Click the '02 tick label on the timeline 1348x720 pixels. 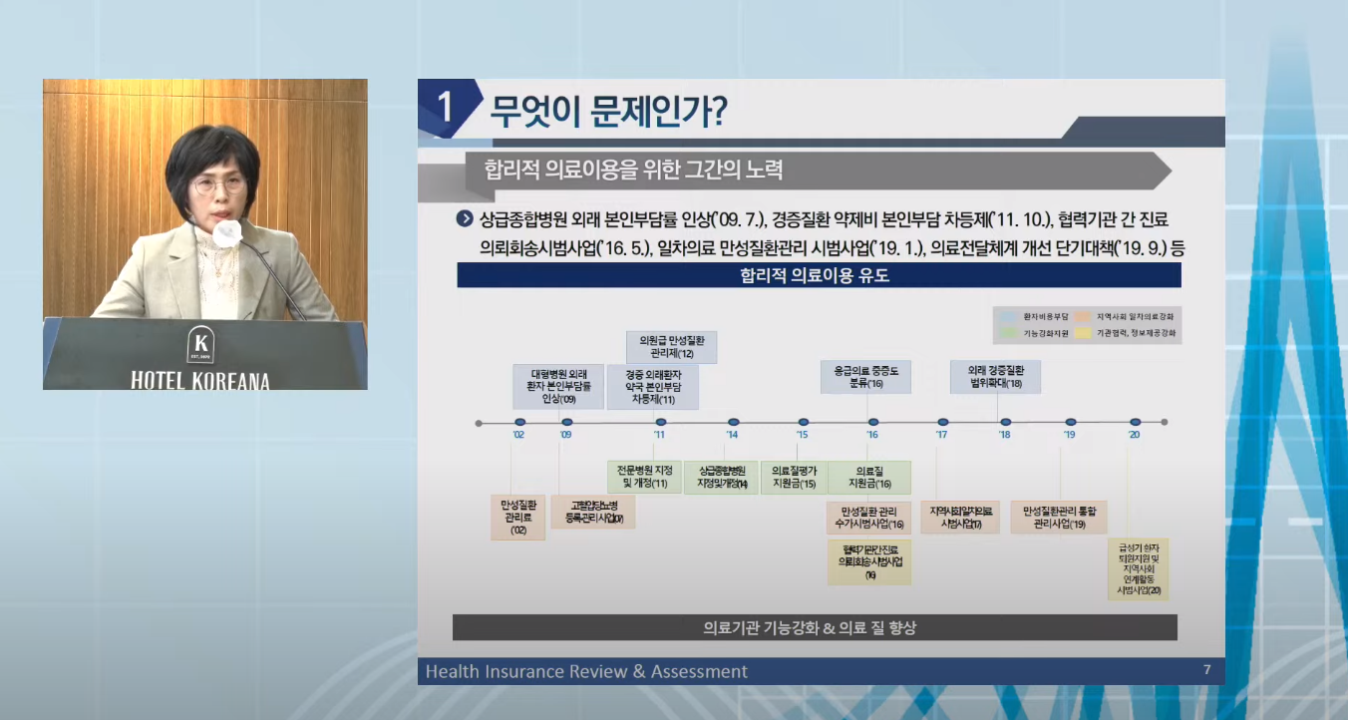518,435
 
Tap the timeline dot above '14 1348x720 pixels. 733,423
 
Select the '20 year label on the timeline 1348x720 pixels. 1134,435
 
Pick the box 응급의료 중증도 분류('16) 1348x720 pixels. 866,377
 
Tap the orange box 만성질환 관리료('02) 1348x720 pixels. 517,518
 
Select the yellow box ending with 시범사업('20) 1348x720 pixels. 1137,569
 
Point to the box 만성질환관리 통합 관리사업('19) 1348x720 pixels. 1059,517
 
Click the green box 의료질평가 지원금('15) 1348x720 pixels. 794,477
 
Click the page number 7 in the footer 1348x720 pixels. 1206,670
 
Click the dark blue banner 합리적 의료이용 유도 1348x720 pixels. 819,275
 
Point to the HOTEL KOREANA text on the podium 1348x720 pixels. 200,380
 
